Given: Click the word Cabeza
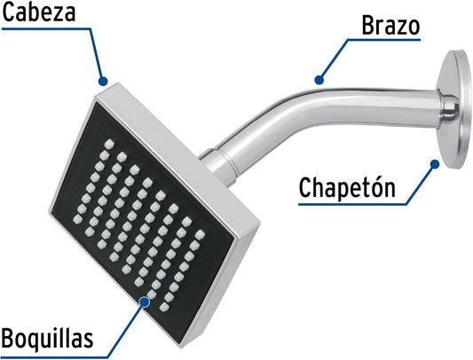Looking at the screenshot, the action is click(x=39, y=12).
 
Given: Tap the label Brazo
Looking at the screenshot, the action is click(x=390, y=26).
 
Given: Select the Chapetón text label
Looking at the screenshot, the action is click(x=347, y=188).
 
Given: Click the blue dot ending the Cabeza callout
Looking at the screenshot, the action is click(x=103, y=81).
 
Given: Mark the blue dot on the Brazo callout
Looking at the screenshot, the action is click(x=319, y=80).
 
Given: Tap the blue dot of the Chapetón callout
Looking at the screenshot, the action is click(x=435, y=164).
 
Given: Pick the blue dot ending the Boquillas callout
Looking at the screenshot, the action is click(x=145, y=301).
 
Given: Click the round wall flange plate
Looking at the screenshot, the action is click(x=454, y=108).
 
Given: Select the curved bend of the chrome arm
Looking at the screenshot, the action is click(x=272, y=118).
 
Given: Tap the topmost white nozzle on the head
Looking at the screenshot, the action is click(x=109, y=144).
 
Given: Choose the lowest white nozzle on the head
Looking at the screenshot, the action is click(x=164, y=307).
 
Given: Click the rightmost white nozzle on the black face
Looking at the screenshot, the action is click(x=200, y=234).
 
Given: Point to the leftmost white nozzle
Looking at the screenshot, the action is click(x=77, y=219).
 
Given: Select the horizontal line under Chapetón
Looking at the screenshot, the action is click(x=353, y=205).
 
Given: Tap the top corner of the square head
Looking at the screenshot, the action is click(x=118, y=83).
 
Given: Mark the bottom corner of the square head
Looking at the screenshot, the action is click(x=182, y=347).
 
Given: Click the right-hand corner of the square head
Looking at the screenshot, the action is click(x=259, y=223).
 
